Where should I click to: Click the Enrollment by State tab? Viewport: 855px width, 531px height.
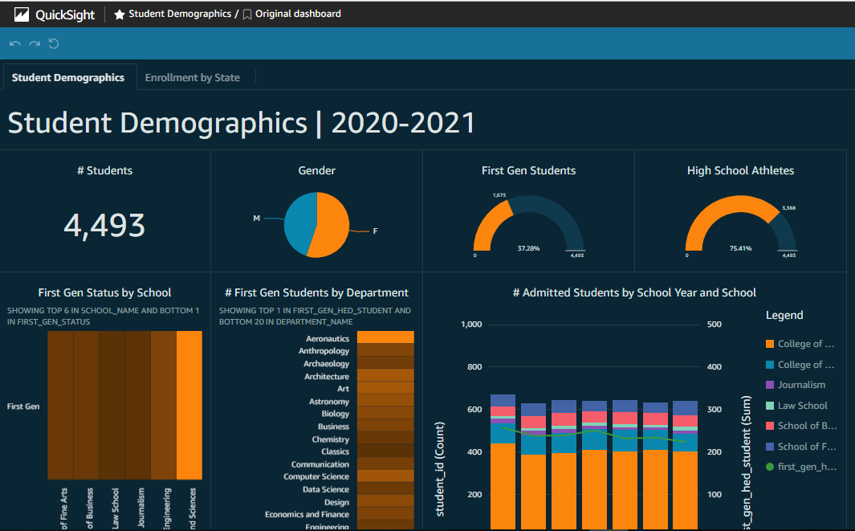click(193, 78)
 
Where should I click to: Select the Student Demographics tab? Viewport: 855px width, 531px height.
click(68, 78)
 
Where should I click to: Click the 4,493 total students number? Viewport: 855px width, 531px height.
click(104, 226)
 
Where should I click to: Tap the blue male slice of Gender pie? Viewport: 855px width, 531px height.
click(300, 220)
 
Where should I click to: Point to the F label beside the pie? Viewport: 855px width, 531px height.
click(375, 231)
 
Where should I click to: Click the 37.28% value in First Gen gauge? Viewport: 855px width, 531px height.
click(529, 248)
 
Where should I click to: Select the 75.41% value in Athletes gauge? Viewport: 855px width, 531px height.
click(740, 248)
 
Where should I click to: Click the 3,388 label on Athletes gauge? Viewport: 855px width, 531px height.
click(789, 208)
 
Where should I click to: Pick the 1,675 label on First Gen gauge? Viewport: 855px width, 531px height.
click(499, 194)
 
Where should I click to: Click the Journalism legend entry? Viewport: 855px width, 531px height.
click(801, 385)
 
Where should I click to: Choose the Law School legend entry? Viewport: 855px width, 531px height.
click(802, 406)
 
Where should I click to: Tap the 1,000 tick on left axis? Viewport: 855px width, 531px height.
click(471, 325)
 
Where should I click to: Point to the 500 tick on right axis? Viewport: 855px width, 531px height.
click(713, 325)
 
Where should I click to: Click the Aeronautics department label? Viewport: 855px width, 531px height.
click(328, 339)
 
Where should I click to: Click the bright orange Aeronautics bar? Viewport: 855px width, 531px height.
click(385, 338)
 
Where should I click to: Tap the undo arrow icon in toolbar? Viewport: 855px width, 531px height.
click(15, 43)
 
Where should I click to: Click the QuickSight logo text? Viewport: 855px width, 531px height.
click(65, 14)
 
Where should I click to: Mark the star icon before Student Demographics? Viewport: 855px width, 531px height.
click(120, 14)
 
